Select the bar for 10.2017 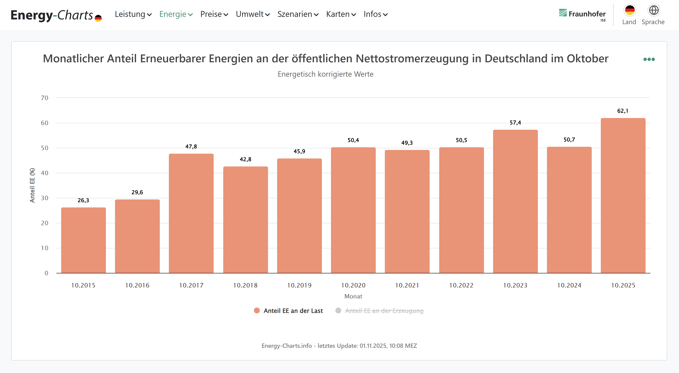[x=191, y=213]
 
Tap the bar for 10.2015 [x=83, y=240]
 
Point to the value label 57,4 [x=515, y=123]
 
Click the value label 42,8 [x=245, y=159]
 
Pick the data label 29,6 [x=137, y=192]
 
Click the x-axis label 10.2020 [x=353, y=285]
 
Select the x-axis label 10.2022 [x=461, y=285]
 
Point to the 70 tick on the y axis [x=45, y=98]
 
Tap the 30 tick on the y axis [x=45, y=198]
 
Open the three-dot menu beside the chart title [x=649, y=59]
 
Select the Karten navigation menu [x=341, y=14]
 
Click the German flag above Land [x=630, y=10]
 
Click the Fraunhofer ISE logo [x=582, y=15]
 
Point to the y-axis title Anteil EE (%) [x=32, y=185]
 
